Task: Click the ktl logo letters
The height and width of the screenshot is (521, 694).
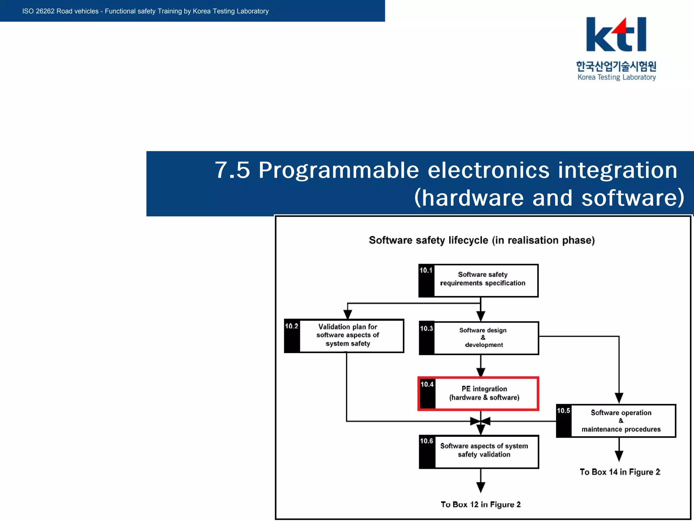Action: (616, 35)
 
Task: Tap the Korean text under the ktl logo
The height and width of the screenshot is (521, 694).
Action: (616, 66)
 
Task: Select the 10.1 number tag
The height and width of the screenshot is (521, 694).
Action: (426, 270)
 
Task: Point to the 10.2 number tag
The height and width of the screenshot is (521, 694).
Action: (292, 326)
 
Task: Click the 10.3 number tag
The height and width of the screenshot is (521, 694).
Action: (427, 328)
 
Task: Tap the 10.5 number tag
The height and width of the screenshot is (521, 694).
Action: (564, 411)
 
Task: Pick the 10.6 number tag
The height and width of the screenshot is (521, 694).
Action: (427, 441)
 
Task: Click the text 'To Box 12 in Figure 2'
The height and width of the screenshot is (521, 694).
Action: (481, 504)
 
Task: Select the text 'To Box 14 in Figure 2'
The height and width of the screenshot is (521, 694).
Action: (620, 472)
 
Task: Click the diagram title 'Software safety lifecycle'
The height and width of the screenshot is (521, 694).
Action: (482, 240)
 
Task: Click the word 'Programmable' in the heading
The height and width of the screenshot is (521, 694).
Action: (339, 170)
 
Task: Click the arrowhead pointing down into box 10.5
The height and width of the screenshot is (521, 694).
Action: (619, 398)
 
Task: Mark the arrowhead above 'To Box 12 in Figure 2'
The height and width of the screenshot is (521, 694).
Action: (481, 487)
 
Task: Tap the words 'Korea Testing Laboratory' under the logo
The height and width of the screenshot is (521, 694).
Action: (616, 77)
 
